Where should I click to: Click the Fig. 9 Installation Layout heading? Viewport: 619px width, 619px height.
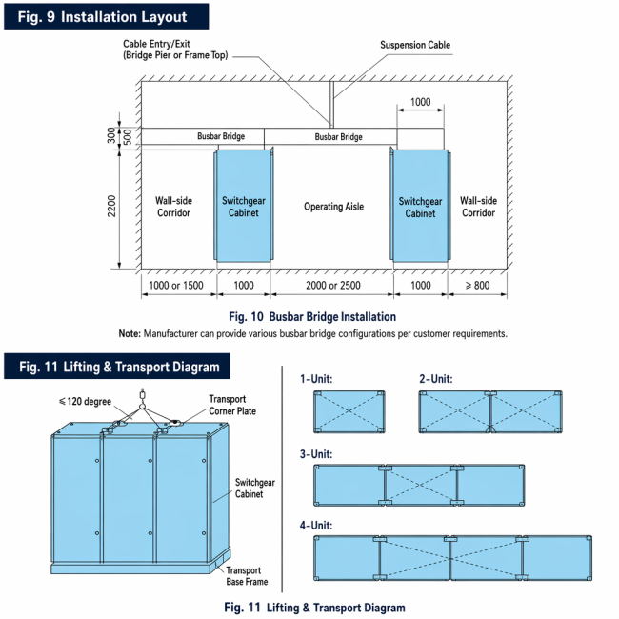(x=102, y=17)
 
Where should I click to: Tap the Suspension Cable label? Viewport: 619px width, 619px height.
(x=415, y=45)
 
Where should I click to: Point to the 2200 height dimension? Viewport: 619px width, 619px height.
(x=111, y=206)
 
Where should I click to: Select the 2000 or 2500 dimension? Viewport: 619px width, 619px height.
(x=332, y=285)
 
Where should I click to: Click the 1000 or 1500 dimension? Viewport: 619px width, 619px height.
(x=176, y=285)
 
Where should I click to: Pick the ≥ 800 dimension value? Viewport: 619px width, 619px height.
(x=477, y=285)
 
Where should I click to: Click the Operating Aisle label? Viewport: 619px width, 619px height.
(x=333, y=207)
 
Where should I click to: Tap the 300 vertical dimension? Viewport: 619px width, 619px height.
(x=111, y=135)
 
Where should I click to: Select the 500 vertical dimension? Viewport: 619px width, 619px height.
(x=128, y=136)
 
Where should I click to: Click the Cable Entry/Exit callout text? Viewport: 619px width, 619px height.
(x=175, y=50)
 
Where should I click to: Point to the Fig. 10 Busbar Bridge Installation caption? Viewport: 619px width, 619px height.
(x=312, y=316)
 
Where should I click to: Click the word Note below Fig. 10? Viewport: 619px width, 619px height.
(x=130, y=334)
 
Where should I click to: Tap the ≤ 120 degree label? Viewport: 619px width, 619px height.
(x=85, y=402)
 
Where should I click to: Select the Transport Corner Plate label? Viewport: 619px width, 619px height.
(x=232, y=405)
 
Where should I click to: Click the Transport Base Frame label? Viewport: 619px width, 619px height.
(x=247, y=576)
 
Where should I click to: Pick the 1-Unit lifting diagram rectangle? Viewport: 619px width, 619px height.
(x=349, y=411)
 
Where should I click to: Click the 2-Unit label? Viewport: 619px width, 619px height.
(x=436, y=379)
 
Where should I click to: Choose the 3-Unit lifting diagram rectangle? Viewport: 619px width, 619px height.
(x=419, y=485)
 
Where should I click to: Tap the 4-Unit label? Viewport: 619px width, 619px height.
(x=316, y=526)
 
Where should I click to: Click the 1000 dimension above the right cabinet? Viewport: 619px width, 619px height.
(x=420, y=102)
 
